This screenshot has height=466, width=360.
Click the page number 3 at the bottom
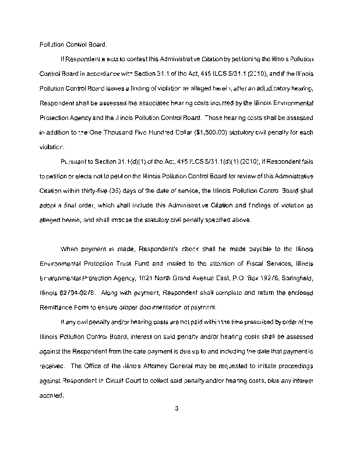[175, 408]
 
